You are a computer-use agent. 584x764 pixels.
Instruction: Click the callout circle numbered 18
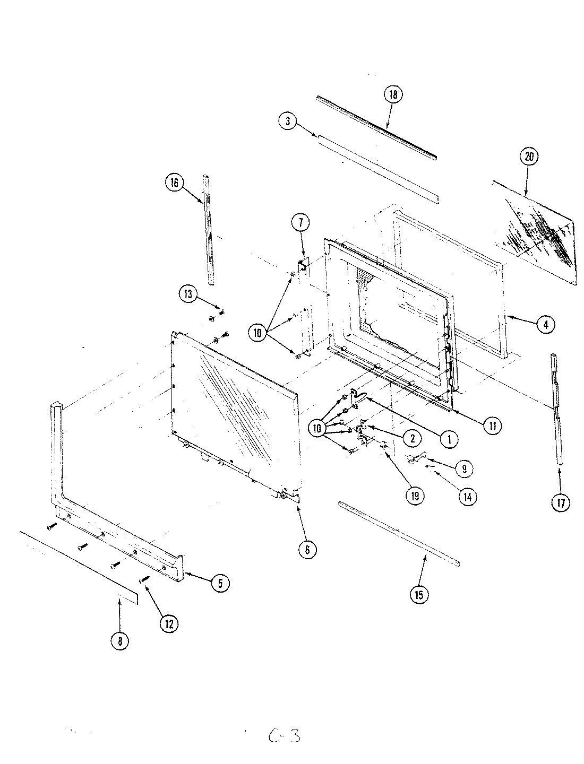click(393, 95)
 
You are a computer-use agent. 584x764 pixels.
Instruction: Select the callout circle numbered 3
click(287, 121)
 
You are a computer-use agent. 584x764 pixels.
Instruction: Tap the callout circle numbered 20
click(531, 157)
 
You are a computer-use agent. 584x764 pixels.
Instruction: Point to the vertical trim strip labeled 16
click(208, 231)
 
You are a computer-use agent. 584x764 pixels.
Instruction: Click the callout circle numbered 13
click(188, 294)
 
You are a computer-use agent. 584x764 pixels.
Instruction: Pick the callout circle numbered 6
click(307, 550)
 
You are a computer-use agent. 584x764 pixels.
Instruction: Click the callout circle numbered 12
click(168, 624)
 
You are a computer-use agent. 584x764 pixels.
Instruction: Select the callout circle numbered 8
click(119, 641)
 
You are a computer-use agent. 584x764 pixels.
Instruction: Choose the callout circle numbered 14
click(467, 497)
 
